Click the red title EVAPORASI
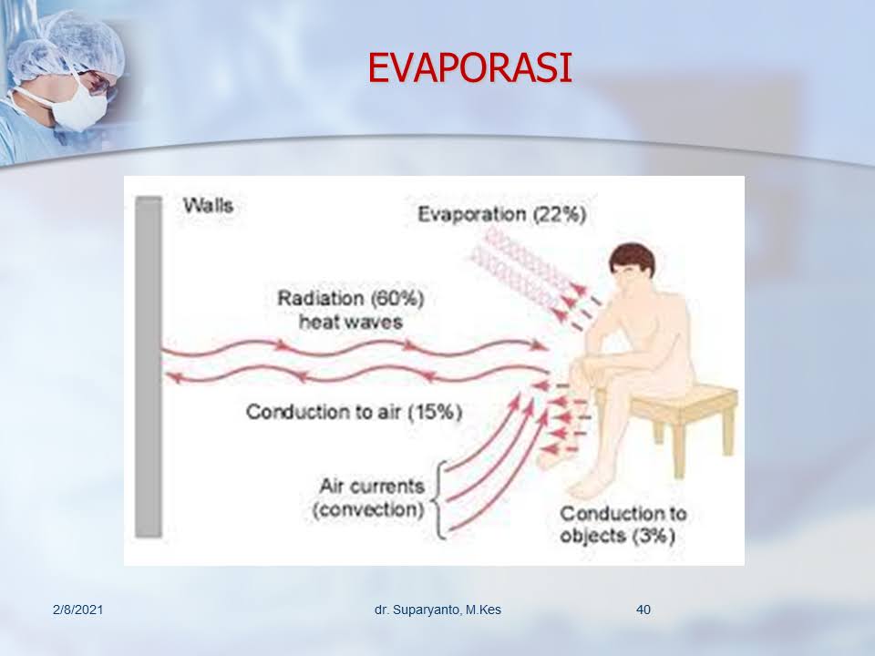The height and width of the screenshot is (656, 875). tap(469, 68)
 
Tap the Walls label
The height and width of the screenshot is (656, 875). tap(208, 205)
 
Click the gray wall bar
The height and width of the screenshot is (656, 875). tap(149, 367)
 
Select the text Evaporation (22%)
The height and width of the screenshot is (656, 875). tap(501, 214)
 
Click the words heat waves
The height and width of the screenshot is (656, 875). tap(350, 322)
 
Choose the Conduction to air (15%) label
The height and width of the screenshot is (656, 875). tap(354, 412)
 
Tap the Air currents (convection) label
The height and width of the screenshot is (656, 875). tap(369, 497)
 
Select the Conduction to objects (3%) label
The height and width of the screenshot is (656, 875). tap(623, 525)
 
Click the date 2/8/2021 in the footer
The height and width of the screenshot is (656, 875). tap(78, 610)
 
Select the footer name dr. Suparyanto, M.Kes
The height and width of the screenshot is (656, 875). tap(438, 610)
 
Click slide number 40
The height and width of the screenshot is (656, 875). tap(643, 610)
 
